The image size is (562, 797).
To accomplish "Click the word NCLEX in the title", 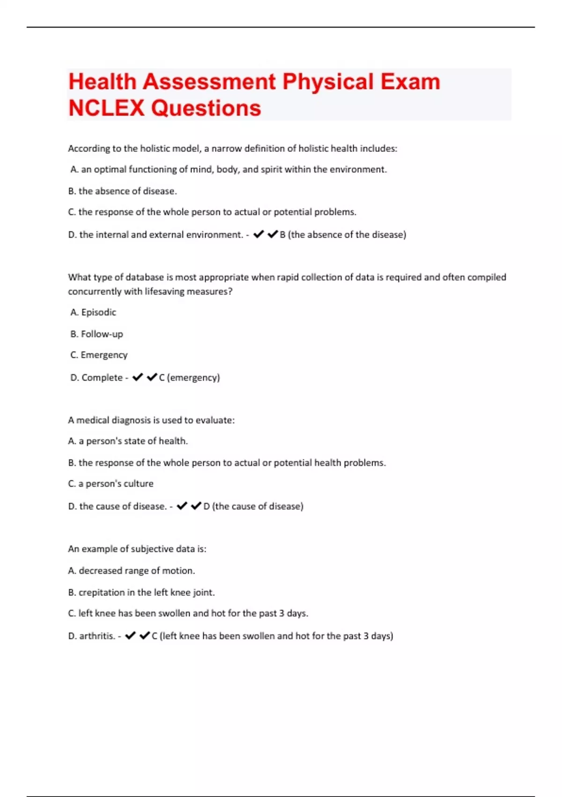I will tap(106, 108).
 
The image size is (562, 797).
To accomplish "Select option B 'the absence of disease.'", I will tap(122, 191).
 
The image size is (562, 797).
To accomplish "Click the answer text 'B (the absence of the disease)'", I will tap(343, 234).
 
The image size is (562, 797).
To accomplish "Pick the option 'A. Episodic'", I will tap(93, 312).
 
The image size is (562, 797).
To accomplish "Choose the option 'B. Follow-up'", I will tap(96, 334).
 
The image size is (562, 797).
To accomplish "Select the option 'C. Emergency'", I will tap(99, 355).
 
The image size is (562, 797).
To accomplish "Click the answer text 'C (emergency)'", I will tap(189, 377).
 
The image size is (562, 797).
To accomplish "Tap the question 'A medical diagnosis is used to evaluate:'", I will tap(151, 420).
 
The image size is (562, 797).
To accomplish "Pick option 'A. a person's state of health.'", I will tap(128, 441).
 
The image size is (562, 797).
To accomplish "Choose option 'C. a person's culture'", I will tap(111, 483).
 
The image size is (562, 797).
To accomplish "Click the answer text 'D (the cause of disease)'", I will tap(253, 506).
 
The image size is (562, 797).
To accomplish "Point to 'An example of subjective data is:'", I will tap(137, 549).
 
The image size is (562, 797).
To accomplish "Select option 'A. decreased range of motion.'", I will tap(132, 571).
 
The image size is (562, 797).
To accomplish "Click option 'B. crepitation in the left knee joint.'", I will tap(141, 592).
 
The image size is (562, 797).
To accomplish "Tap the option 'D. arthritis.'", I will tap(91, 636).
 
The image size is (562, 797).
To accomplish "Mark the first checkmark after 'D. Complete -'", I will tap(137, 377).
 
